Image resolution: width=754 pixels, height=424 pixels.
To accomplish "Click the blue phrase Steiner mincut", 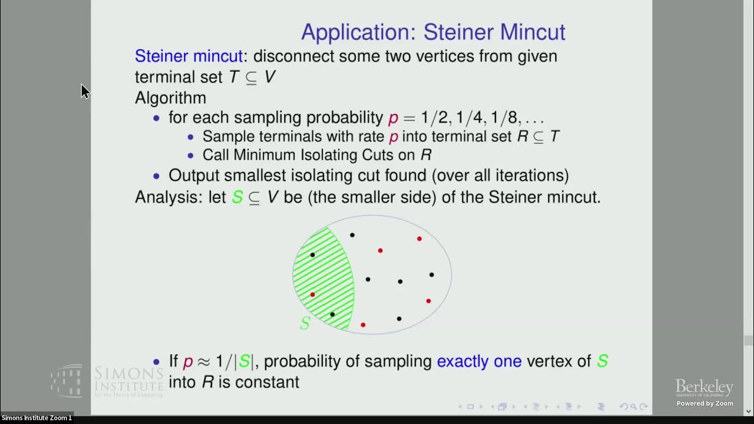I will pyautogui.click(x=188, y=57).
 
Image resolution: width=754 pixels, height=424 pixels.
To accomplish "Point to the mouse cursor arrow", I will pyautogui.click(x=85, y=91).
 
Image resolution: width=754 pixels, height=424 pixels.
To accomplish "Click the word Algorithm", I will pyautogui.click(x=170, y=98).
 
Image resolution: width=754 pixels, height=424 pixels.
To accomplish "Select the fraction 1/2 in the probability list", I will pyautogui.click(x=434, y=117).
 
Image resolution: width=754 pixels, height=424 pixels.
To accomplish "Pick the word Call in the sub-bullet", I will pyautogui.click(x=216, y=155).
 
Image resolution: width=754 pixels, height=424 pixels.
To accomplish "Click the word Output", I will pyautogui.click(x=194, y=175).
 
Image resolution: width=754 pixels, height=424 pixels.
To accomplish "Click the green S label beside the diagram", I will pyautogui.click(x=305, y=323).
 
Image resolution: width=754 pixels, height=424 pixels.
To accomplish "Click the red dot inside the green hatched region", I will pyautogui.click(x=312, y=294).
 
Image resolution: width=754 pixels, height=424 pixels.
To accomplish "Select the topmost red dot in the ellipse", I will pyautogui.click(x=419, y=238).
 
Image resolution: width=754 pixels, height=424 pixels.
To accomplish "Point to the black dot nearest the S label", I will pyautogui.click(x=332, y=314).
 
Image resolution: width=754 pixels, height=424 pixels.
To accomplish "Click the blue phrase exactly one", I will pyautogui.click(x=479, y=361).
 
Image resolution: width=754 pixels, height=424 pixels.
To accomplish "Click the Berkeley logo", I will pyautogui.click(x=704, y=388).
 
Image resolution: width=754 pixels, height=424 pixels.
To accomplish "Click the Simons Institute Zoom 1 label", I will pyautogui.click(x=37, y=418).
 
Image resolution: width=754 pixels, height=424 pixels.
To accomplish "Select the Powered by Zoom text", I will pyautogui.click(x=705, y=403).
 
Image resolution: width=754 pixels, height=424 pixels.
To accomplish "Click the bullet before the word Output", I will pyautogui.click(x=156, y=175).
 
